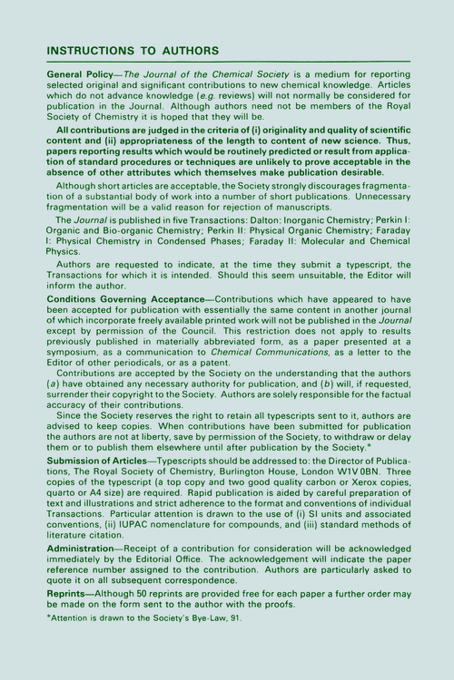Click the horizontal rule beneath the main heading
[x=227, y=61]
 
